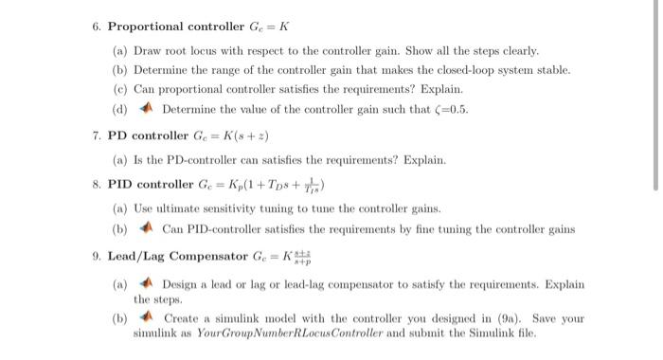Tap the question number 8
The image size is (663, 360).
97,182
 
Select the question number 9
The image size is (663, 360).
97,256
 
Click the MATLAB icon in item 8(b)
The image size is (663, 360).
150,229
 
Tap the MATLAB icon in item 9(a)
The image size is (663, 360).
150,284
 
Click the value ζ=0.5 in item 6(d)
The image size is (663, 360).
449,109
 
